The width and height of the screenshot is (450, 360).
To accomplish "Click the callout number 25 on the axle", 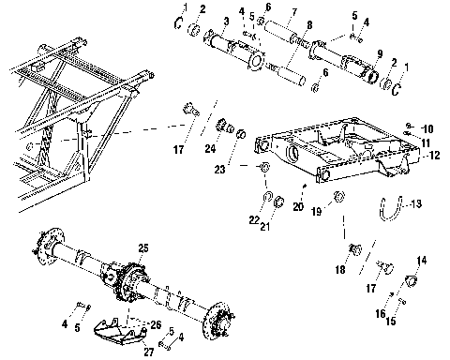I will point(143,247).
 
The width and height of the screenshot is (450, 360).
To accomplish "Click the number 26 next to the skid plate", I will point(155,323).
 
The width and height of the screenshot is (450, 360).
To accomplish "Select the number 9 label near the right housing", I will point(379,53).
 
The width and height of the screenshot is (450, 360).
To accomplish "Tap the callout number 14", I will point(421,260).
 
